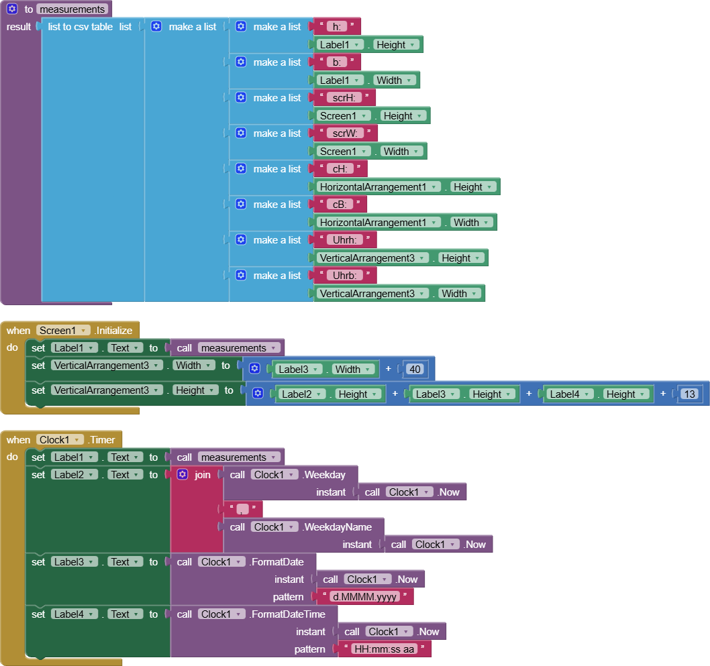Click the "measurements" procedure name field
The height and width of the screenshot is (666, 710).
[x=72, y=9]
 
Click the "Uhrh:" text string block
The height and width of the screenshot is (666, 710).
[x=345, y=240]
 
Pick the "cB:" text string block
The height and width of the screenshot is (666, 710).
[x=340, y=205]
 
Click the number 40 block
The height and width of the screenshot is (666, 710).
[x=414, y=369]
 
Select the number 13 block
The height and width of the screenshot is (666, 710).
[x=689, y=394]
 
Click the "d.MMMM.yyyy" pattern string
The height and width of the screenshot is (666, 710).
[x=365, y=596]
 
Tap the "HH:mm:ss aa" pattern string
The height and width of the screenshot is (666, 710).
[x=384, y=649]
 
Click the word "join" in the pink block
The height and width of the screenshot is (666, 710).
[x=202, y=475]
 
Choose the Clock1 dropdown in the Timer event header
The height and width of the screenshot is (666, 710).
[x=60, y=440]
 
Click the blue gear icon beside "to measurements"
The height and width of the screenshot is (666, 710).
[x=12, y=9]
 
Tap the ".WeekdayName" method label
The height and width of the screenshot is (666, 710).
[x=337, y=527]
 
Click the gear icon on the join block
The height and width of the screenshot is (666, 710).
[x=182, y=475]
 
